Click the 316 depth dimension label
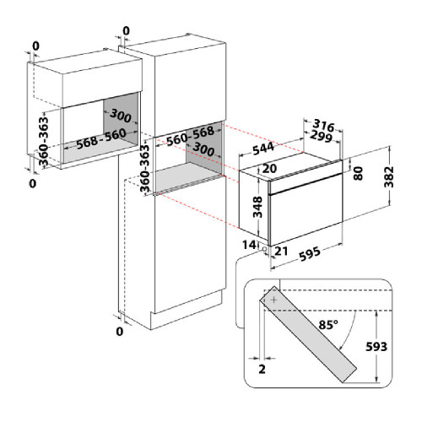323,126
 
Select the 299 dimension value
321,137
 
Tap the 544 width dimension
263,149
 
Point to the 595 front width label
310,253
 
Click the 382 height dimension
389,176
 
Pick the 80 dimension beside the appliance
358,173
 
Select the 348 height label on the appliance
257,207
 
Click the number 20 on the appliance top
269,169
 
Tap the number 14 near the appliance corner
249,245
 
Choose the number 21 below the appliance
281,251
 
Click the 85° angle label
328,325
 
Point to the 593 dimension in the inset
376,347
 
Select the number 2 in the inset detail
262,369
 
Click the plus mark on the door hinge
273,300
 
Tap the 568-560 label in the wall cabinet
101,138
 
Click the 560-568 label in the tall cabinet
190,136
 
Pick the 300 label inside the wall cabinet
121,116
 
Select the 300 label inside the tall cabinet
203,149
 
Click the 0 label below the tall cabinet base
120,332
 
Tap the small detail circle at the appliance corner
264,249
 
